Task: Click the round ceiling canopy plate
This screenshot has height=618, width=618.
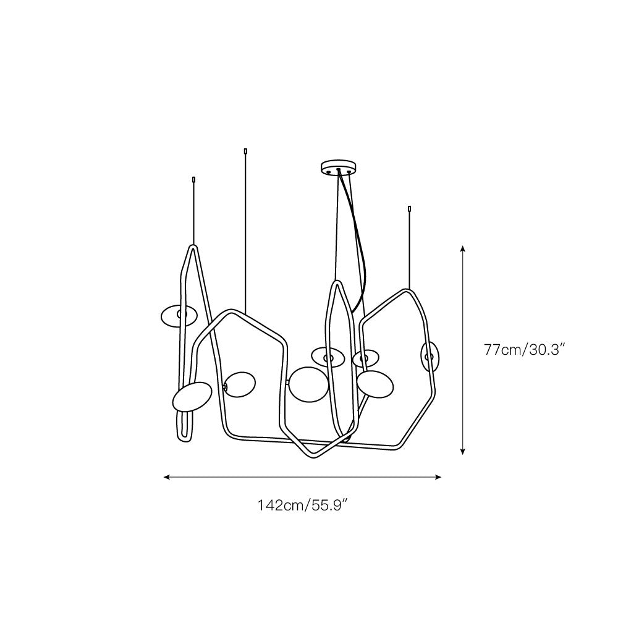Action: [339, 167]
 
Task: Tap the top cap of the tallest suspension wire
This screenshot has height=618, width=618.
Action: [246, 151]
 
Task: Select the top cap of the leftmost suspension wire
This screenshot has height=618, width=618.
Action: [195, 180]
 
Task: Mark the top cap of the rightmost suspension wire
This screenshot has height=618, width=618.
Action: [409, 208]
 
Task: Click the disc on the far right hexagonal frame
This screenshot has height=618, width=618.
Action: [430, 357]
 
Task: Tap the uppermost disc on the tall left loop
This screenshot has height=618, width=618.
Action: [179, 315]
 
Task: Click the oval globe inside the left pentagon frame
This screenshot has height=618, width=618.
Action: [240, 386]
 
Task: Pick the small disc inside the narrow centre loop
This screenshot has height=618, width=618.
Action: [328, 357]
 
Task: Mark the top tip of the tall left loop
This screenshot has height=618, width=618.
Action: [193, 247]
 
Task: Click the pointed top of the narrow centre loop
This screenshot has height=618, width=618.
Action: [337, 283]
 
